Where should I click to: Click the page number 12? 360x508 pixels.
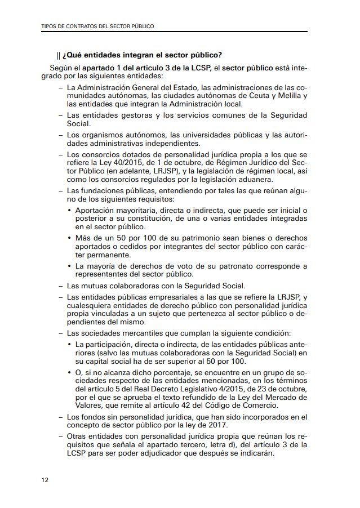pos(45,480)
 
